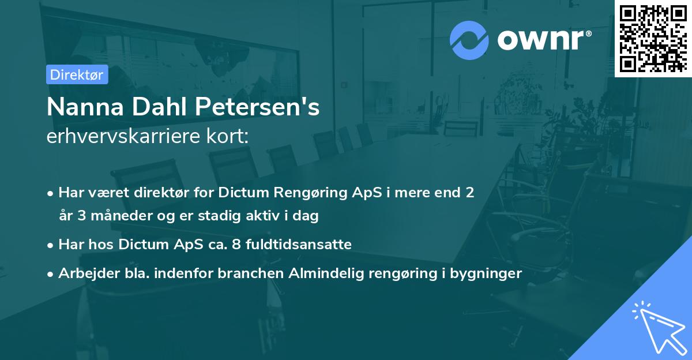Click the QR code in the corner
[x=653, y=38]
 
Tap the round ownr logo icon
[x=468, y=40]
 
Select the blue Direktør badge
[x=77, y=74]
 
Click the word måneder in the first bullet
[x=112, y=216]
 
